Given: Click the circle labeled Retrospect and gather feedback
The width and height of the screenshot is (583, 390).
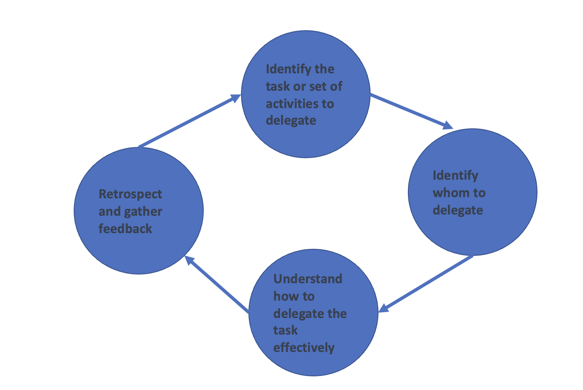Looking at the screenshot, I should pos(138,248).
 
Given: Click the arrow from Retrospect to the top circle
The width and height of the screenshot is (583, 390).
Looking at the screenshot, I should pos(188,121).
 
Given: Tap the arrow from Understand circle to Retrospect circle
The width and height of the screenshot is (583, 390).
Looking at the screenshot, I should pos(217,284).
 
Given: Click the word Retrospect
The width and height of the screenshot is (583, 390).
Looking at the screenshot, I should pos(130,194).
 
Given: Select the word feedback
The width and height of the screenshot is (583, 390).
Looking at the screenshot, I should pos(125,229).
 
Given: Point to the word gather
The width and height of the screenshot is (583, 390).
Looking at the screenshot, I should pos(143,211).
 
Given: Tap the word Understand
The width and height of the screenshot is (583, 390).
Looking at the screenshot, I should pos(308,279).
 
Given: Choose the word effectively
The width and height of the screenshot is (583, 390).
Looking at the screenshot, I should pos(304,347).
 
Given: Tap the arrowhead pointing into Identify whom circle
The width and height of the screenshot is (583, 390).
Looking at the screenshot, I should pos(448,125).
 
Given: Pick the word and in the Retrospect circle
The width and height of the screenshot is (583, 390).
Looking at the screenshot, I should pos(109,212).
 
